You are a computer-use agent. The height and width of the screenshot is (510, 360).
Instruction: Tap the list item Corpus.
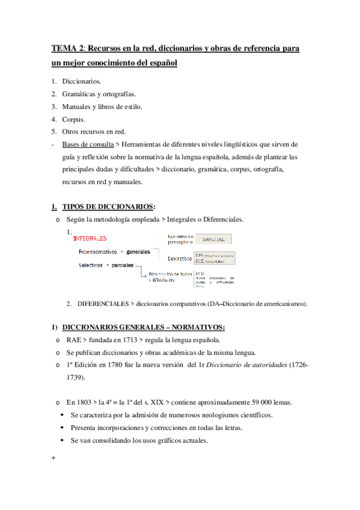click(74, 119)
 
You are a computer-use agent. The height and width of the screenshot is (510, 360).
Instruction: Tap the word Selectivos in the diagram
click(90, 265)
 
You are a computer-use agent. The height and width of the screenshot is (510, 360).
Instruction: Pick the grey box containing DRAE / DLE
click(214, 239)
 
